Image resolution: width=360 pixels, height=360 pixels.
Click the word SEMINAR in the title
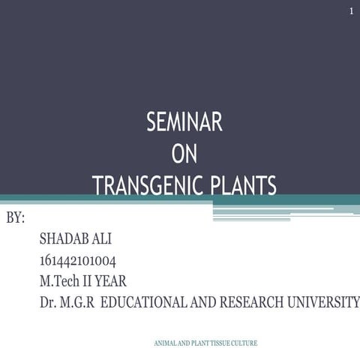184,122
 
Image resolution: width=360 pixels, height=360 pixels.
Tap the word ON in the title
184,154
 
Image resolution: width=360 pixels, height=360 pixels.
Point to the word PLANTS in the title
241,185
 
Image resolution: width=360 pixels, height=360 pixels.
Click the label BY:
16,218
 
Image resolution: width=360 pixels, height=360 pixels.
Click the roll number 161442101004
78,261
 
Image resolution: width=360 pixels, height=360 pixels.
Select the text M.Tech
60,282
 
